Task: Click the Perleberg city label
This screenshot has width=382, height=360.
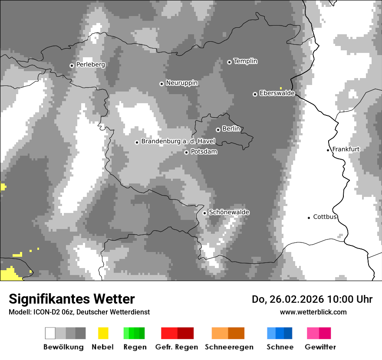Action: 90,65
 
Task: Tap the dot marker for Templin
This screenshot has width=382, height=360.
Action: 229,62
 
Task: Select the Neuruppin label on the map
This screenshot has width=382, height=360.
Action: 181,83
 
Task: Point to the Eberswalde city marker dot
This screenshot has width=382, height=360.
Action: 255,94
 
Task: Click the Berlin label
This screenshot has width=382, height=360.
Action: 231,129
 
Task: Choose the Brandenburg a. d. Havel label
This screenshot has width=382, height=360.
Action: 178,141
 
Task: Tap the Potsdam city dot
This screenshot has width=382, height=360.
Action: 186,152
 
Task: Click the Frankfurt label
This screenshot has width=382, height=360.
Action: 346,149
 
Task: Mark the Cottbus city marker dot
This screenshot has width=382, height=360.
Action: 309,218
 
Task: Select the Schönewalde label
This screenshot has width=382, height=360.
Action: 229,213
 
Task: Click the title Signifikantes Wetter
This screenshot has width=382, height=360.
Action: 72,299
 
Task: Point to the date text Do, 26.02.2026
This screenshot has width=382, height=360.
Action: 288,299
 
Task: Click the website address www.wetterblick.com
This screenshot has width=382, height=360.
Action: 313,312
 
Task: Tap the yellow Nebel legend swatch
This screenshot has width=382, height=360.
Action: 103,333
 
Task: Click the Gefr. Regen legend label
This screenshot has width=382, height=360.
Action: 177,347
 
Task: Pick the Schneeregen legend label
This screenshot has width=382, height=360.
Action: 229,347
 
